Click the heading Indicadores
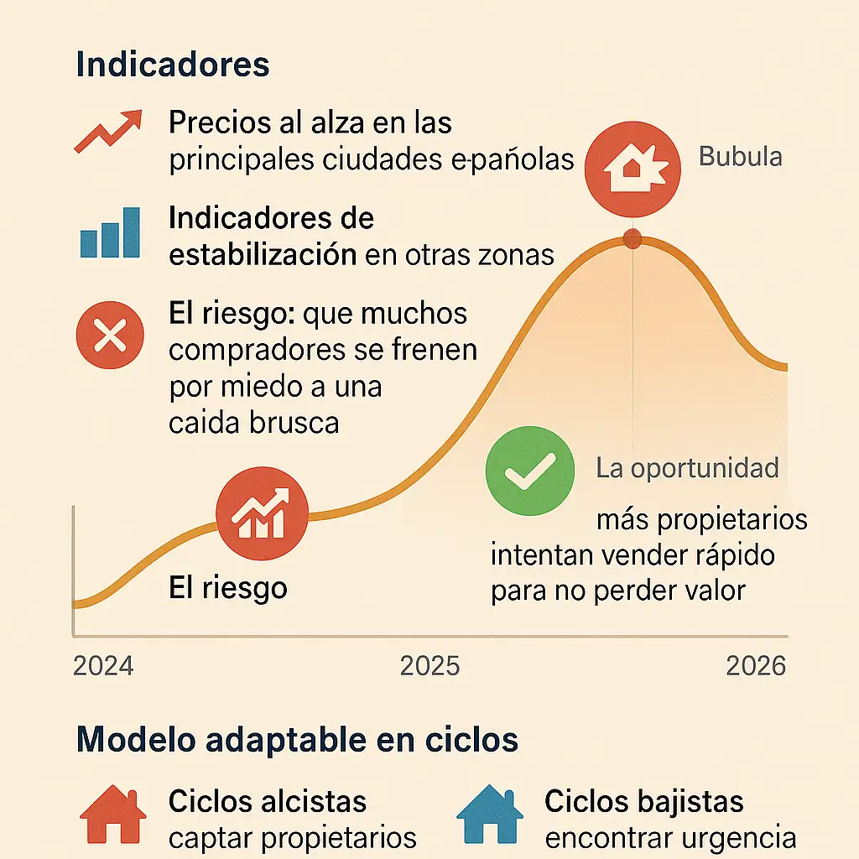(x=173, y=65)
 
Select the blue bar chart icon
(x=109, y=232)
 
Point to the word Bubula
(x=740, y=157)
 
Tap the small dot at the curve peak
(x=633, y=240)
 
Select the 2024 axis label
(x=103, y=666)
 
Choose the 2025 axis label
(x=429, y=666)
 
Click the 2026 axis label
(x=756, y=666)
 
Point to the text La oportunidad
(x=687, y=468)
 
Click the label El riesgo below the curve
(x=228, y=588)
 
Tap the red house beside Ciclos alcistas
(x=112, y=814)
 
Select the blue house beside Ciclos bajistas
(x=490, y=814)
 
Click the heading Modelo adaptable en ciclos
(x=297, y=740)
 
